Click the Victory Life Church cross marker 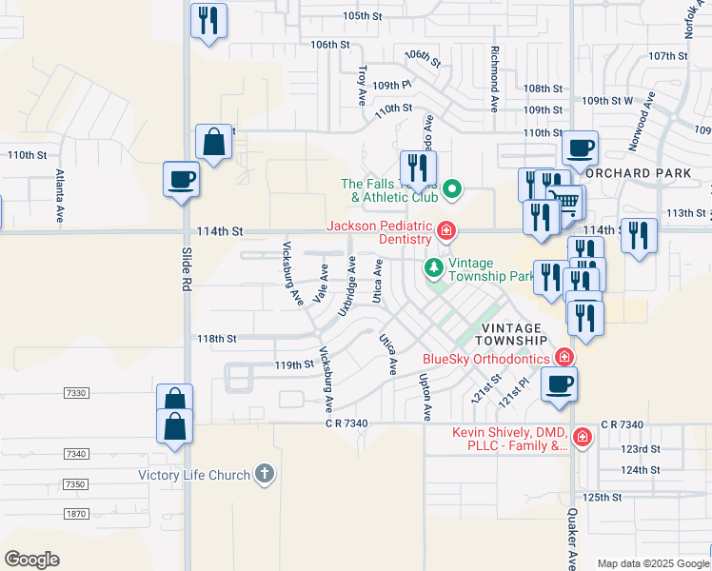265,474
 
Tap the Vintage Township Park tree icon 434,267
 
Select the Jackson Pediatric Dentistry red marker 445,230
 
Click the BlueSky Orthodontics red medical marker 564,358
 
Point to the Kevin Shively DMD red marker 582,439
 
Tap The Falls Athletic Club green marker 453,189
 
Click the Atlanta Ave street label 59,194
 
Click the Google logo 31,560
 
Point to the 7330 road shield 76,392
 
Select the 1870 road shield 76,514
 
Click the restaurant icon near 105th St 209,20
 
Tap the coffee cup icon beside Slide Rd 181,178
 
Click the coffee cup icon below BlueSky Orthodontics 559,384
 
